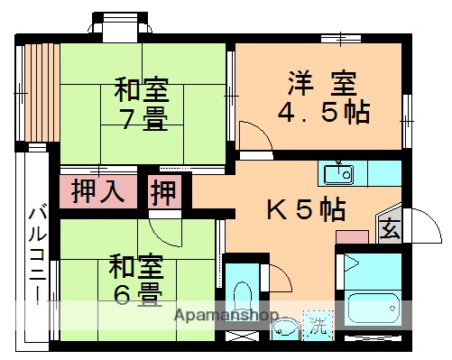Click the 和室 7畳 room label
141,105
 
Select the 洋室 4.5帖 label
323,100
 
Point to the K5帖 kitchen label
305,210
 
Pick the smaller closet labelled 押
163,193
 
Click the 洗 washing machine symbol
318,322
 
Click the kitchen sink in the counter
340,171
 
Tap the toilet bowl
243,296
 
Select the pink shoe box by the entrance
353,238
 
